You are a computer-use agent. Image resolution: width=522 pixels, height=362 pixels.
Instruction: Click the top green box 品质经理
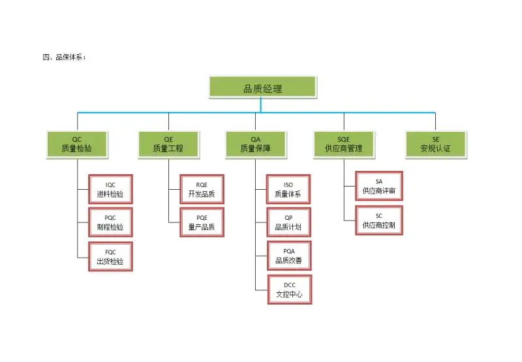(262, 87)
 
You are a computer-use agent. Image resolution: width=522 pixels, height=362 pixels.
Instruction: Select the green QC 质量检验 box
(77, 143)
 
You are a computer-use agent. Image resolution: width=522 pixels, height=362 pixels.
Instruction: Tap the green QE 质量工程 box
(168, 143)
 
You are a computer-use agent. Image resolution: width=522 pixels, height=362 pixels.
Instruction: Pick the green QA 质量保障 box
(256, 143)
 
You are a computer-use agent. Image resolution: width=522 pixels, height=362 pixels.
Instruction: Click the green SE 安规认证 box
(435, 143)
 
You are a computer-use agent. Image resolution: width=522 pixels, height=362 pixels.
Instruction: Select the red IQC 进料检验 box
(110, 189)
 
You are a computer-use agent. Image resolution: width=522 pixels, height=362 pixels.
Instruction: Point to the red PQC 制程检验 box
(110, 222)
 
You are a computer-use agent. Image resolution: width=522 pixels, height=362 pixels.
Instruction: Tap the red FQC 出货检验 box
(110, 256)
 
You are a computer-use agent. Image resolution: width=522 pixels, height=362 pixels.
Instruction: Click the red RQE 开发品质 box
(201, 189)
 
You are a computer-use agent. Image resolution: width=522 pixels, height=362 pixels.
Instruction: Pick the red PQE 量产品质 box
(201, 222)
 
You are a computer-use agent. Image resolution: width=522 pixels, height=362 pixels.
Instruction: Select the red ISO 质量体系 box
(288, 189)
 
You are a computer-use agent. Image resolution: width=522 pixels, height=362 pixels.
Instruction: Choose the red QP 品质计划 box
(288, 222)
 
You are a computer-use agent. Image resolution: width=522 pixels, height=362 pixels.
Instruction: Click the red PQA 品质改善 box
(288, 256)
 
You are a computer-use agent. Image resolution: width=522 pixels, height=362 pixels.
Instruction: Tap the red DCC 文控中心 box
(288, 290)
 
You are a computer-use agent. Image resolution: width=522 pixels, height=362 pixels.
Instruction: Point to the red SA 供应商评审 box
(378, 187)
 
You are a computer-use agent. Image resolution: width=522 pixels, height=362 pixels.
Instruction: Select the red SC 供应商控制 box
(378, 220)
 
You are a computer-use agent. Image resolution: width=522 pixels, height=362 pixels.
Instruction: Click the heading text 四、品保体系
(64, 57)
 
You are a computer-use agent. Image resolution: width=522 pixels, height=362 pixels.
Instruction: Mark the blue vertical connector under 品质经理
(261, 105)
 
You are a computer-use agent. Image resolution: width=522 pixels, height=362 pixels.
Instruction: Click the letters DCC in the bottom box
(289, 285)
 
